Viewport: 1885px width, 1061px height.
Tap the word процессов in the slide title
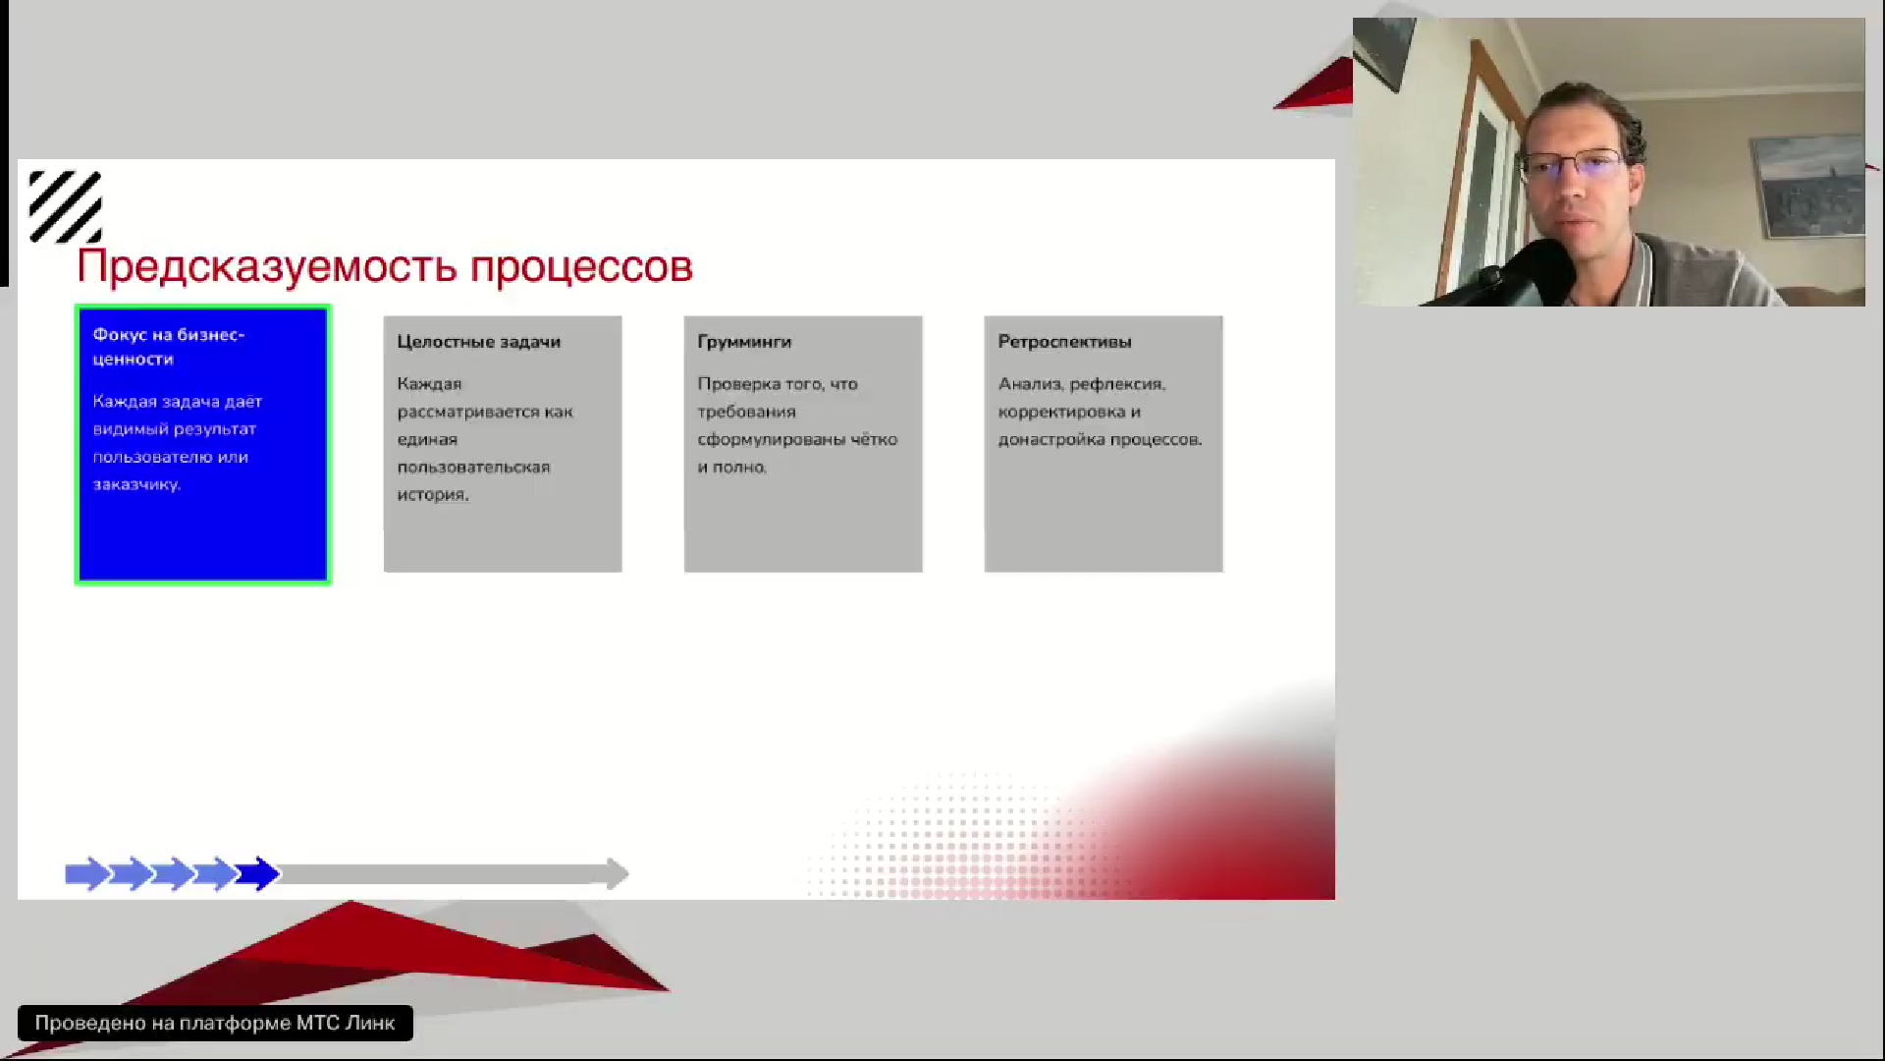coord(581,267)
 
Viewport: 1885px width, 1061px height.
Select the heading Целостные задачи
coord(479,342)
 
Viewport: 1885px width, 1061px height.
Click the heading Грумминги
coord(744,342)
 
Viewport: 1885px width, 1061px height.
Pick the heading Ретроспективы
coord(1064,342)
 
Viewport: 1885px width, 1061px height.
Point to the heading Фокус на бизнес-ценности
coord(169,347)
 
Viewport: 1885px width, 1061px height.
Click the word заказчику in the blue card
coord(136,484)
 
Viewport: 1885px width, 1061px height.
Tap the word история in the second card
coord(433,495)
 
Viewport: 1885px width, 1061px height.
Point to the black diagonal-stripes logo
coord(65,206)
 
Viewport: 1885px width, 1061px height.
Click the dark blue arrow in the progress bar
coord(258,873)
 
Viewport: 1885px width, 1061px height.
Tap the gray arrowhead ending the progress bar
coord(618,873)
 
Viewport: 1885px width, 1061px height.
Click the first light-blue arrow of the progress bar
coord(87,873)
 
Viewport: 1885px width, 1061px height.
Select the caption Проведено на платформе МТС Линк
coord(215,1023)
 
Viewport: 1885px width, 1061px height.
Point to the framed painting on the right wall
coord(1806,185)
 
